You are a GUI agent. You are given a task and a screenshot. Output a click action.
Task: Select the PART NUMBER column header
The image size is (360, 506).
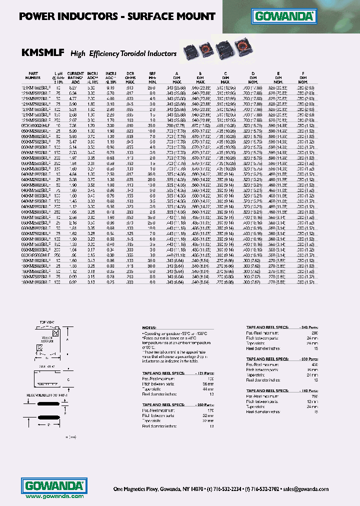pos(33,75)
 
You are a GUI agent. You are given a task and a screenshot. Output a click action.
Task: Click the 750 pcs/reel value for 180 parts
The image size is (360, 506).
pos(314,395)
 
